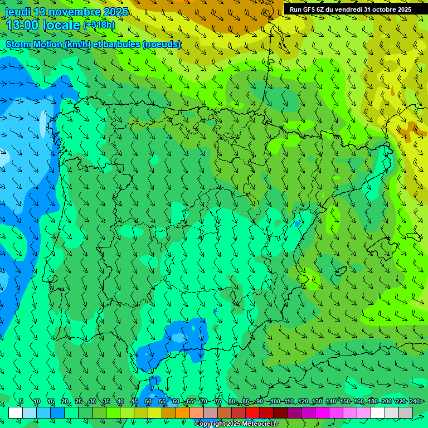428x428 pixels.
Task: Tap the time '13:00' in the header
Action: [x=22, y=25]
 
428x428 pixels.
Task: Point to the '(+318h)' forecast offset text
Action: [x=99, y=25]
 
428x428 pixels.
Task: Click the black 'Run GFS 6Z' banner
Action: [x=350, y=9]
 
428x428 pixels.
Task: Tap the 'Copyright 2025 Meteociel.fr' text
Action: [x=236, y=424]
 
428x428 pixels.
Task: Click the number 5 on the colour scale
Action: [x=21, y=402]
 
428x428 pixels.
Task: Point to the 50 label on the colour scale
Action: [x=148, y=402]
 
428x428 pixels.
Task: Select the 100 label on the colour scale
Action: [x=275, y=402]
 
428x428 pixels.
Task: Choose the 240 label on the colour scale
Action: [x=415, y=402]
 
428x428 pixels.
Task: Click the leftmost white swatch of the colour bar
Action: [x=16, y=412]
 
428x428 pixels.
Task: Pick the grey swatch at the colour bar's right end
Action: [x=406, y=412]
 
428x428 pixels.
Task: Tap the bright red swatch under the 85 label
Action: [x=252, y=412]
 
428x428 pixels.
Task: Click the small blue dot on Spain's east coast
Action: [x=298, y=223]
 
